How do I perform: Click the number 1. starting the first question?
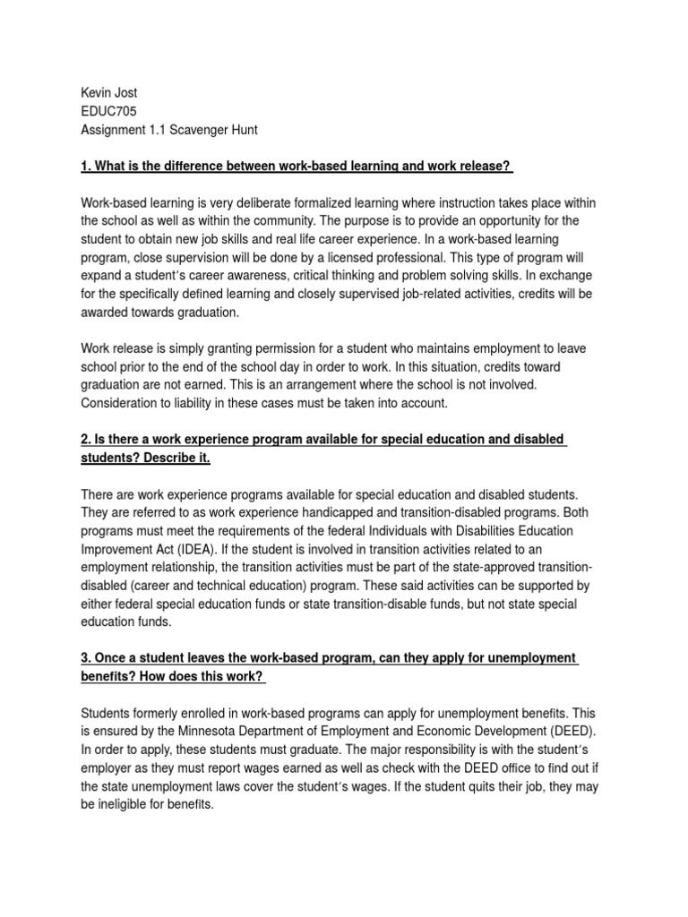[87, 166]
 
